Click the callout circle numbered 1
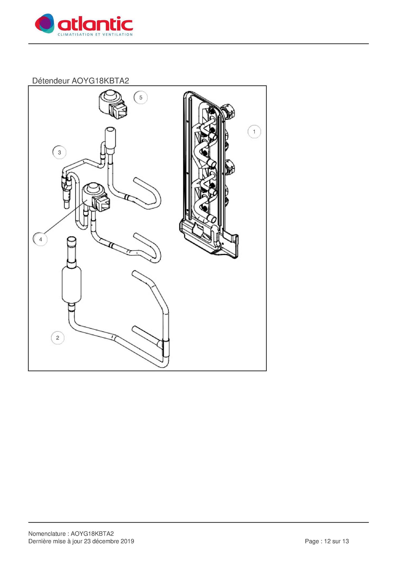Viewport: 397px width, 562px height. coord(254,132)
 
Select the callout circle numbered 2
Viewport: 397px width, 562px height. coord(58,338)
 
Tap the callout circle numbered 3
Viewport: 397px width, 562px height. coord(59,152)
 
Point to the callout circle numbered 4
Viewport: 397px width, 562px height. coord(41,239)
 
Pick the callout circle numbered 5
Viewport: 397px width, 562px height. coord(141,98)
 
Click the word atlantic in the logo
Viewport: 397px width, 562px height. coord(95,24)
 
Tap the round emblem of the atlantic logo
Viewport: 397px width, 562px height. coord(44,23)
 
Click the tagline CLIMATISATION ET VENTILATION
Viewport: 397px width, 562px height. coord(95,34)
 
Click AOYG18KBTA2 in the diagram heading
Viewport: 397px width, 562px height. coord(100,81)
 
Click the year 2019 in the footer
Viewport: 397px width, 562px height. coord(127,541)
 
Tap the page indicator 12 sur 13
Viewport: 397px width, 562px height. coord(336,541)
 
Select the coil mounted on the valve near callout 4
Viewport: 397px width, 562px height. coord(96,196)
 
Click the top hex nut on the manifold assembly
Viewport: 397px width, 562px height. coord(228,111)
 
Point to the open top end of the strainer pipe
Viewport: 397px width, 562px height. coord(72,239)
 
